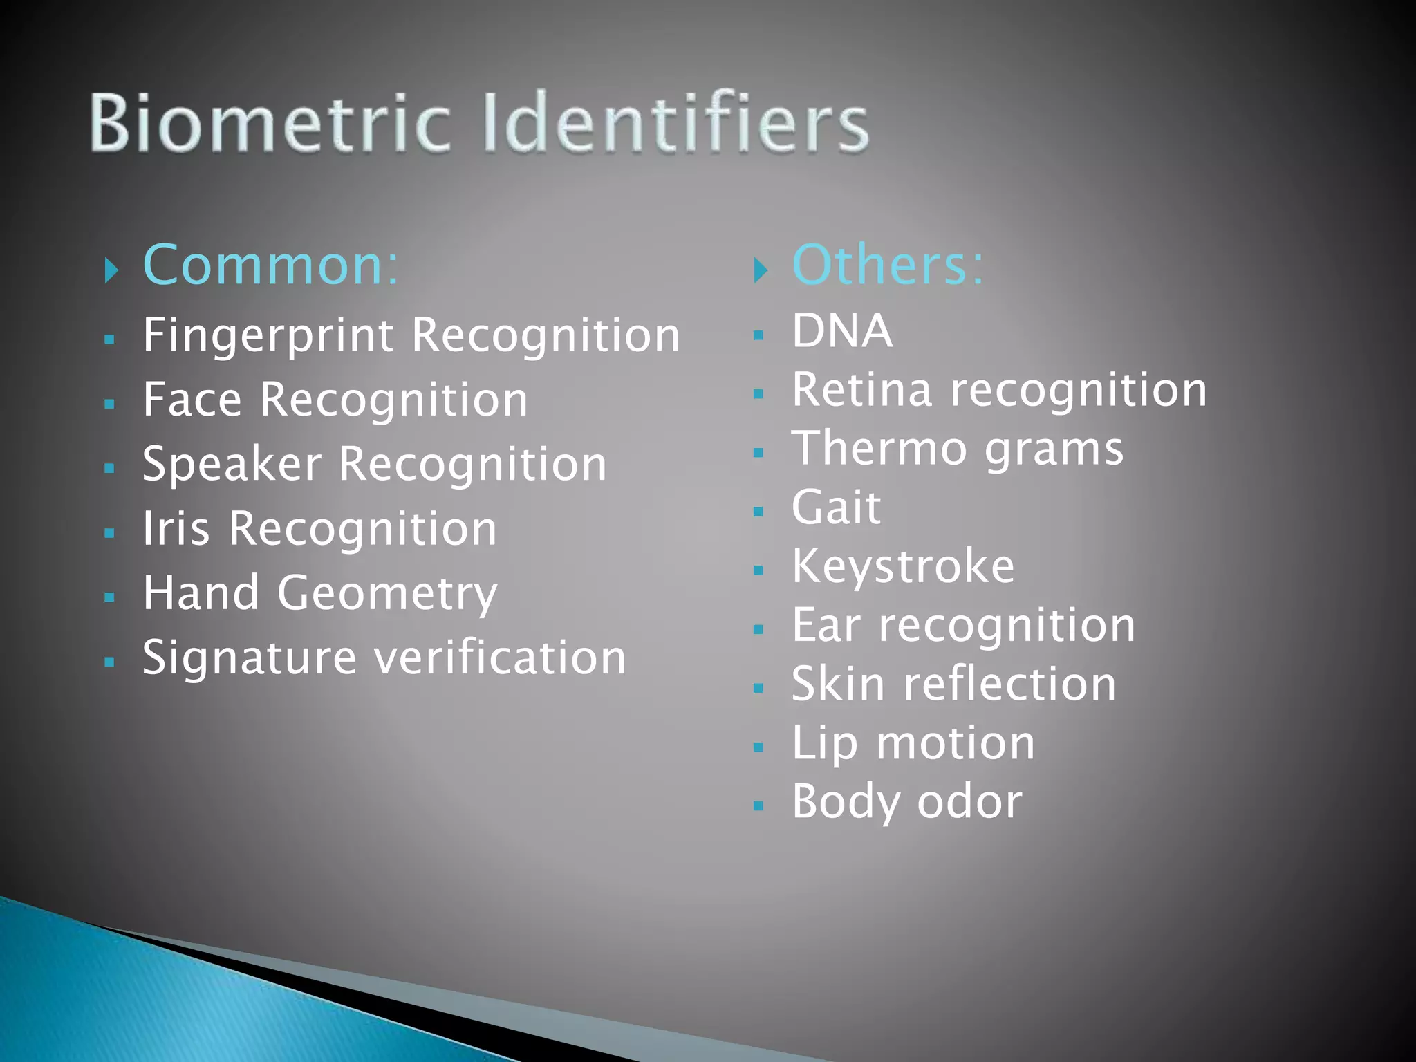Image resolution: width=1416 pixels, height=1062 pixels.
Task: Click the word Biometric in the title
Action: [270, 122]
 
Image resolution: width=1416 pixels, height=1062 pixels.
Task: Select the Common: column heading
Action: [270, 265]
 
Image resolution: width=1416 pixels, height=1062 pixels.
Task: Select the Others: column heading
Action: [888, 265]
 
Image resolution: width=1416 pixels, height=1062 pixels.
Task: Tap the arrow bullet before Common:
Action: [111, 270]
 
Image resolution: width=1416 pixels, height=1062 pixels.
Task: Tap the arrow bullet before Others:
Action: [761, 270]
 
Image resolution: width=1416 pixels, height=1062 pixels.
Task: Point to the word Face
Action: [192, 400]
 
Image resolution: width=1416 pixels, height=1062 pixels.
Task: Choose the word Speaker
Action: [232, 465]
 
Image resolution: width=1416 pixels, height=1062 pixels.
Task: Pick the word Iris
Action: [176, 529]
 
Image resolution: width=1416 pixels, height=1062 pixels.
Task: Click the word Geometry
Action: [387, 594]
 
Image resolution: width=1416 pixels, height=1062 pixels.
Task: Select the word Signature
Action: [250, 658]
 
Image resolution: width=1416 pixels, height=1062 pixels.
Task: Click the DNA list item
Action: [841, 330]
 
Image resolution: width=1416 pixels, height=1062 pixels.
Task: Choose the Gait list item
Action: [836, 507]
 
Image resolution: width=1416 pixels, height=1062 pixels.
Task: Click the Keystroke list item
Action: [903, 567]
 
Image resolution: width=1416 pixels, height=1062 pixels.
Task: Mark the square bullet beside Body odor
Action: [758, 805]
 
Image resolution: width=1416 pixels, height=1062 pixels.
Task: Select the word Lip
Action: [824, 744]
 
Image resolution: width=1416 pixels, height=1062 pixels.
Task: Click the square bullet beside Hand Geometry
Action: [109, 597]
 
